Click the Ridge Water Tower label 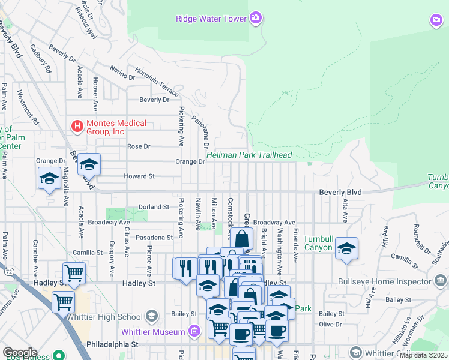[x=211, y=19]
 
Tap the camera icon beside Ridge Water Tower [x=256, y=18]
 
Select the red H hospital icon [x=77, y=127]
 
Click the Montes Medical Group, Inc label [x=116, y=127]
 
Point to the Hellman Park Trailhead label [x=249, y=155]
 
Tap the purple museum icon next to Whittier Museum [x=194, y=331]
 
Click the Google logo [x=19, y=353]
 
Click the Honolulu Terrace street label [x=157, y=82]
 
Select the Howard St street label [x=139, y=176]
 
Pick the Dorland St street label [x=154, y=207]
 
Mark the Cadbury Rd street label [x=41, y=60]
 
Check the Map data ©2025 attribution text [x=423, y=355]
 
